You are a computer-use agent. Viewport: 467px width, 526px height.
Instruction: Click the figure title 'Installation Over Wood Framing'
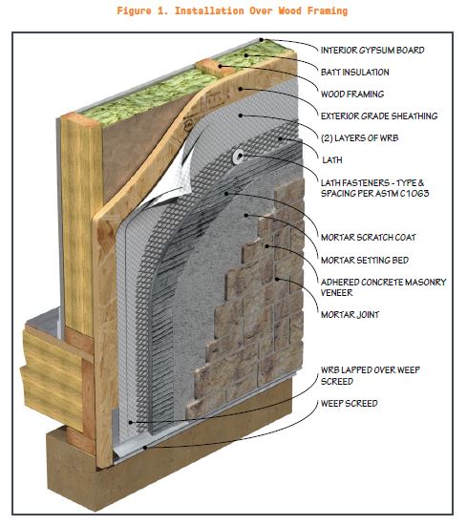click(x=261, y=11)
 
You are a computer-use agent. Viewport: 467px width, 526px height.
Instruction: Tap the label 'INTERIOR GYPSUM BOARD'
click(x=372, y=51)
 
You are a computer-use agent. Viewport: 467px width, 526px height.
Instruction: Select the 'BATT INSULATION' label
click(x=355, y=73)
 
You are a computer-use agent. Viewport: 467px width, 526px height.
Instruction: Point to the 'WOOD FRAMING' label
click(x=352, y=94)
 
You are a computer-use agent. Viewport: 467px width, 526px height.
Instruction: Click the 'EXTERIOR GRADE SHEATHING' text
click(x=379, y=116)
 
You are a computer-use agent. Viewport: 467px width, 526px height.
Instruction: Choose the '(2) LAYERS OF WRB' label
click(x=360, y=137)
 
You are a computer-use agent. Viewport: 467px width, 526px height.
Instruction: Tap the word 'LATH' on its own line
click(x=332, y=160)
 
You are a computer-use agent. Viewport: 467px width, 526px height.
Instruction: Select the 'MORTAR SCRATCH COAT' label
click(x=369, y=238)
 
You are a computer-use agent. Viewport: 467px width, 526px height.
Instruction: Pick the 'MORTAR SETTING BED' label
click(x=365, y=260)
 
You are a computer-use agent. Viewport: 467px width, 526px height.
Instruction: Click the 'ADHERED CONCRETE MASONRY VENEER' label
click(x=384, y=287)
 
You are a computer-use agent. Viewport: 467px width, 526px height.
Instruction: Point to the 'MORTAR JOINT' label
click(x=350, y=315)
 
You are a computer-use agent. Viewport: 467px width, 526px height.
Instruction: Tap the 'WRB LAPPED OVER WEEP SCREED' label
click(x=371, y=376)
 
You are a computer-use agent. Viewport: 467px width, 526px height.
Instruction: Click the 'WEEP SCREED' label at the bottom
click(x=350, y=403)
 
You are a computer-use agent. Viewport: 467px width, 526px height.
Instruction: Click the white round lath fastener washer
click(x=239, y=157)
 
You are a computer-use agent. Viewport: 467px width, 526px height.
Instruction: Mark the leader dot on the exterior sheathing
click(x=241, y=89)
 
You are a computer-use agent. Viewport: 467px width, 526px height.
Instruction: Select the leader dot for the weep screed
click(x=145, y=448)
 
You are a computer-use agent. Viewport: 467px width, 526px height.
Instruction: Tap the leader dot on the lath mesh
click(x=280, y=138)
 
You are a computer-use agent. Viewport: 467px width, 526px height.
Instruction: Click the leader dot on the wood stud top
click(x=220, y=67)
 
